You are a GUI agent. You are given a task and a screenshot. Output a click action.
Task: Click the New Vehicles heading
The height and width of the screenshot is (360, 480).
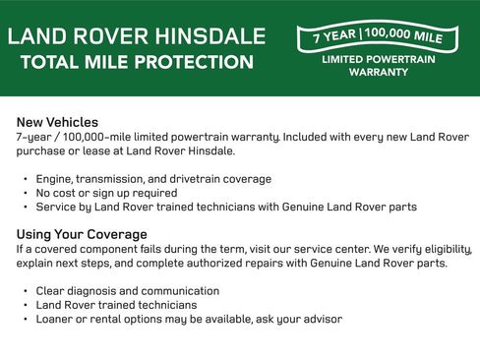pos(57,122)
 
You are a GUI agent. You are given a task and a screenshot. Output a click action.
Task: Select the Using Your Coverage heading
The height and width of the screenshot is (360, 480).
pos(82,234)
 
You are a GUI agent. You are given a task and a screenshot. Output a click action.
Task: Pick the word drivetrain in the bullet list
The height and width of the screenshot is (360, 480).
pos(205,179)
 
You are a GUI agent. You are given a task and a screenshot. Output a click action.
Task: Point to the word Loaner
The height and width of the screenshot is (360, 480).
pos(58,319)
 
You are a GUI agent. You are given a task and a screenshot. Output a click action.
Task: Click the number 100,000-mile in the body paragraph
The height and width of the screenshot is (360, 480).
pos(106,137)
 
